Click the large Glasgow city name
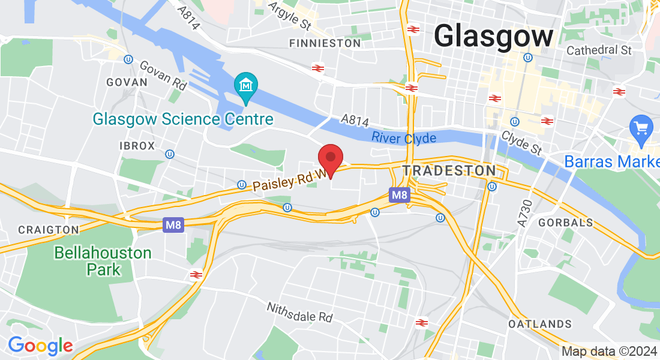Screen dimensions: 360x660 coord(493,36)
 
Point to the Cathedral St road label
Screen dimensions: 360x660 coord(599,50)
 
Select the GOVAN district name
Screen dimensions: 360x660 coord(127,82)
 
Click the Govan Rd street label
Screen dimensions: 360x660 coord(163,74)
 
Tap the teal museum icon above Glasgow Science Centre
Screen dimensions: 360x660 coord(246,88)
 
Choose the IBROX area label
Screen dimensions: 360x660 coord(137,146)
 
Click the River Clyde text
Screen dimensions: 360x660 coord(403,137)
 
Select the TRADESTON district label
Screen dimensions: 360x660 coord(449,171)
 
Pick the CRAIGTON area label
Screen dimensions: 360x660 coord(49,230)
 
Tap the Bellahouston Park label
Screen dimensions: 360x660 coord(103,261)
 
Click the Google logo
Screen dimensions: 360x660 coord(40,346)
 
